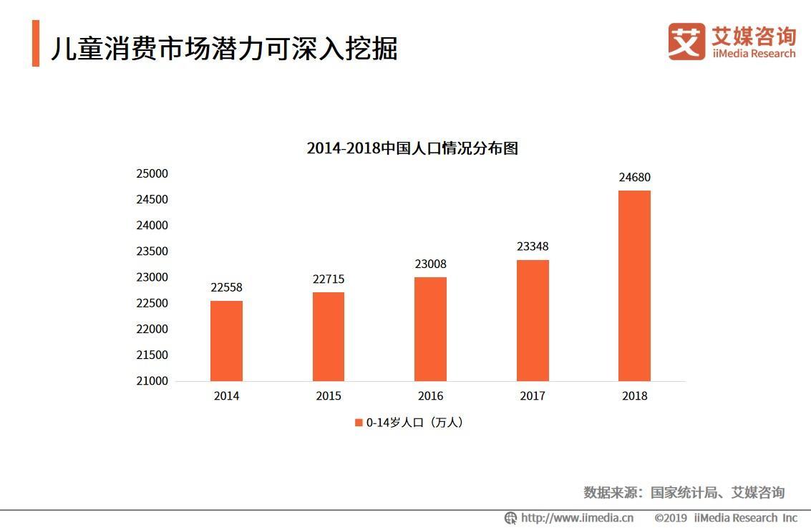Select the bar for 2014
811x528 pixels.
(x=226, y=340)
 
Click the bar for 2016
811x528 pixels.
(x=430, y=329)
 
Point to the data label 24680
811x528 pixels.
(x=634, y=178)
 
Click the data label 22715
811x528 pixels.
(x=329, y=279)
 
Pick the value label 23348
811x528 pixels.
(x=533, y=246)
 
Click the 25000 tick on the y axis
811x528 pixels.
(x=152, y=173)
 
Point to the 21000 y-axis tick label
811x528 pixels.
(x=152, y=381)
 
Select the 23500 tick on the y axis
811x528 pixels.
(x=152, y=251)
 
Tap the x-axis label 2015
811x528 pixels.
(x=329, y=396)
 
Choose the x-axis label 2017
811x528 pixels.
(x=533, y=396)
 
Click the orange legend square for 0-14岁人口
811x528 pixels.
(x=359, y=423)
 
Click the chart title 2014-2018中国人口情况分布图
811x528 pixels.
(x=412, y=148)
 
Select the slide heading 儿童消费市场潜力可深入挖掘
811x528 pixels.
(x=224, y=48)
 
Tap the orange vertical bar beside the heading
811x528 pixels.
(x=36, y=44)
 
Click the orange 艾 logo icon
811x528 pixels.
(x=686, y=42)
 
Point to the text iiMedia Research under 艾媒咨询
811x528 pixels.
(x=753, y=54)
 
